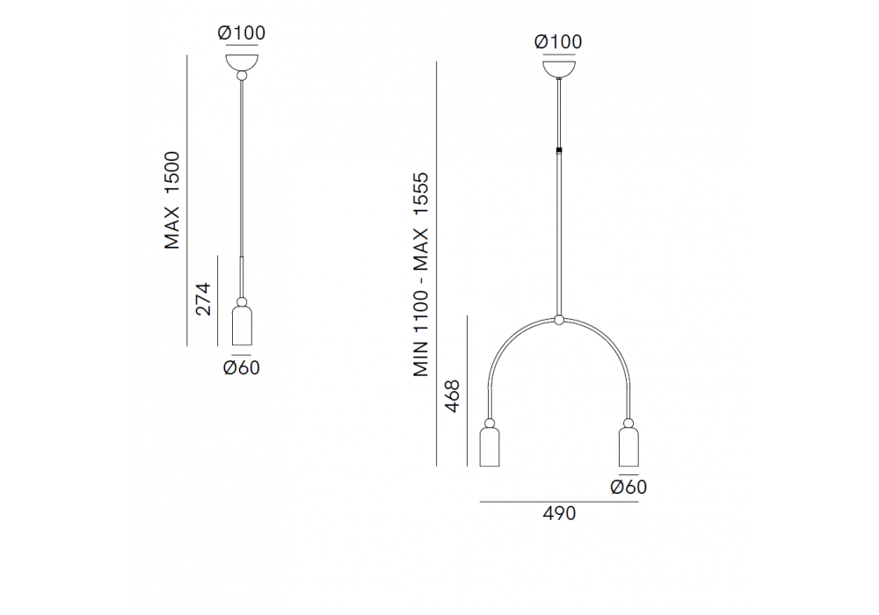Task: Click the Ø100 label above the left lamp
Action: point(241,33)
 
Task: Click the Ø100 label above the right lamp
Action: point(558,41)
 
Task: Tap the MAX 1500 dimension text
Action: point(172,200)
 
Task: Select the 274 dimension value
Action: point(202,299)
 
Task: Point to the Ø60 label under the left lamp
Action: point(241,367)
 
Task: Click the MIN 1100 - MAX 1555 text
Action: point(420,274)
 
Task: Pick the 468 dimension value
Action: point(452,396)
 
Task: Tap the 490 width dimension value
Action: point(559,513)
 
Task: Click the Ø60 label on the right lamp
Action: point(628,487)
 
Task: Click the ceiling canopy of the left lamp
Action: point(242,61)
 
